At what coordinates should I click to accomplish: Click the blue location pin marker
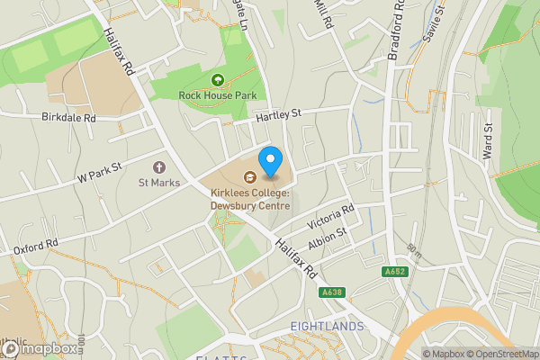271,161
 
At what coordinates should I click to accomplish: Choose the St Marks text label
158,183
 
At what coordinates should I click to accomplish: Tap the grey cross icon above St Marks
159,167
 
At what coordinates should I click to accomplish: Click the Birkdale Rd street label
68,117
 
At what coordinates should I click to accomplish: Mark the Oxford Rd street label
36,246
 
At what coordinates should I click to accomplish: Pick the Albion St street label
327,239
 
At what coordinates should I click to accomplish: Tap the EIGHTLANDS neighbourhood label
328,325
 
